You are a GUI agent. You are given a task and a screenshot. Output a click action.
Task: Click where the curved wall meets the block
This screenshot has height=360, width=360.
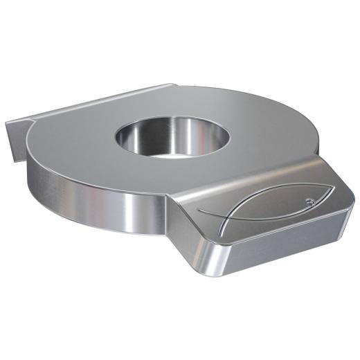click(x=167, y=208)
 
